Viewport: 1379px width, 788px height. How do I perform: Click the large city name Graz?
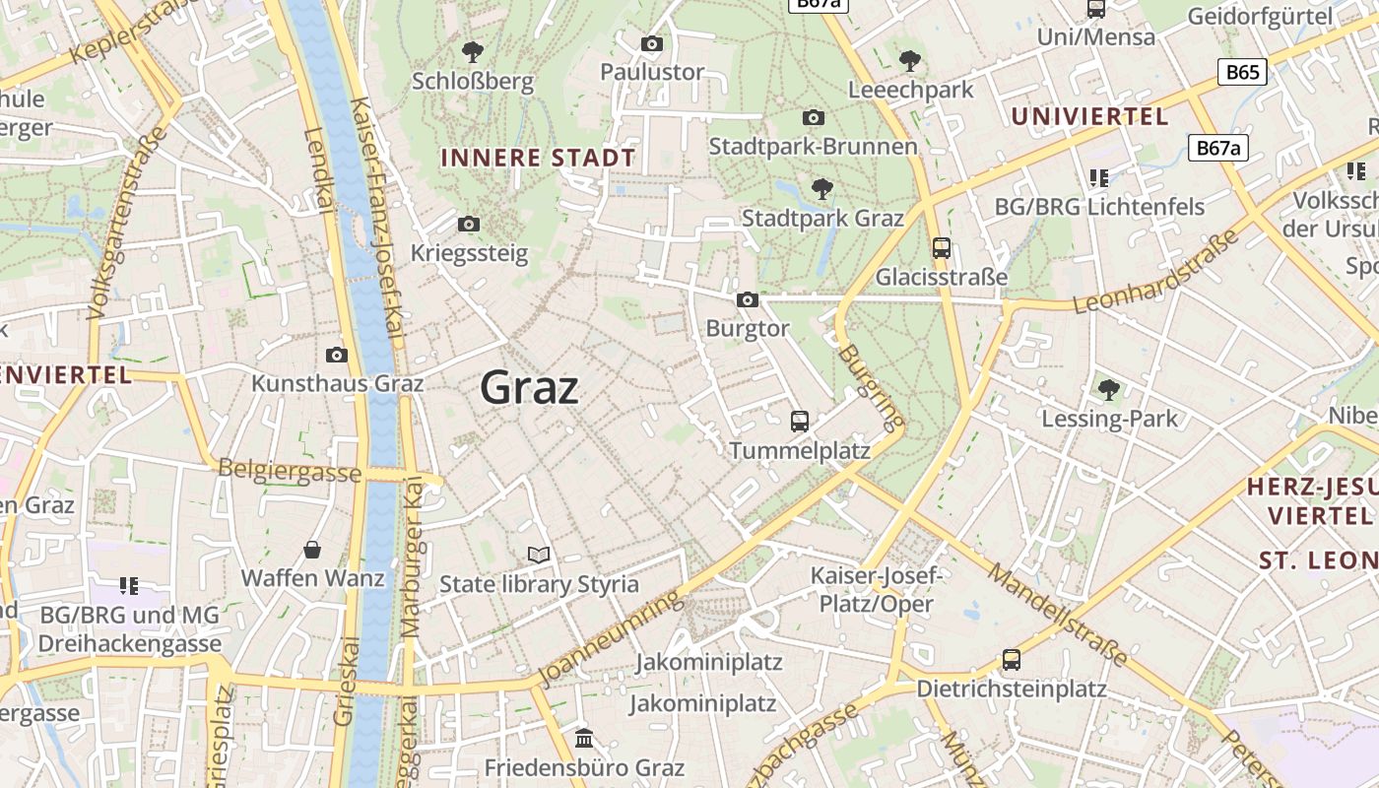[x=529, y=388]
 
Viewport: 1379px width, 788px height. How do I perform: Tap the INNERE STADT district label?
[x=538, y=158]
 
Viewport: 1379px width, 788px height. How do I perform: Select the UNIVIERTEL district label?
[x=1089, y=116]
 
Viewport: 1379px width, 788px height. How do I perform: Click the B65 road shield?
[x=1242, y=72]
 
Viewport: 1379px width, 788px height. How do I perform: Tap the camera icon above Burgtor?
[x=748, y=299]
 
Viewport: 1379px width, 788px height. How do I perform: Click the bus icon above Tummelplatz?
[x=800, y=422]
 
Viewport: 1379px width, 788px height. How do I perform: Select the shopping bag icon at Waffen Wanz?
[x=312, y=550]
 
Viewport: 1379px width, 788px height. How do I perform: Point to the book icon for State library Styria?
[x=538, y=556]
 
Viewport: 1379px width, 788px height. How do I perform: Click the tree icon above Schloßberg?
[x=473, y=51]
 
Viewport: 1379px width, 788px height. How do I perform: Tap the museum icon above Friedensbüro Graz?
[x=584, y=738]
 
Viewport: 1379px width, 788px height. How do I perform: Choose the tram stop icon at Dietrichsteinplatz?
[x=1012, y=660]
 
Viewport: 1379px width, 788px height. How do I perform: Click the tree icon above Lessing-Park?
[x=1109, y=390]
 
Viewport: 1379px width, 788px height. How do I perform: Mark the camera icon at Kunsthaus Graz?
[x=337, y=355]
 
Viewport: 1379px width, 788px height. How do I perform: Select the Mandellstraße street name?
[x=1058, y=615]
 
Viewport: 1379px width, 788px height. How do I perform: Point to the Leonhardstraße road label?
[x=1156, y=272]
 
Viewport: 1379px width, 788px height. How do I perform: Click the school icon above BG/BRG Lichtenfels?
[x=1099, y=178]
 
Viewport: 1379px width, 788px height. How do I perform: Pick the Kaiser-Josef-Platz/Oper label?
[x=876, y=589]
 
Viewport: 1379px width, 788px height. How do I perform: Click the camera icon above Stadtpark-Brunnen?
[x=814, y=118]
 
